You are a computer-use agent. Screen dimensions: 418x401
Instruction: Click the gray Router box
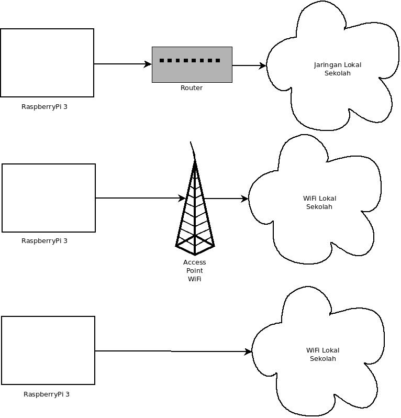pos(192,72)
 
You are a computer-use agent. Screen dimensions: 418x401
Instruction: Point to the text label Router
pos(192,88)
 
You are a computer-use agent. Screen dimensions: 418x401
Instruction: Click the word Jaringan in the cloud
pos(326,65)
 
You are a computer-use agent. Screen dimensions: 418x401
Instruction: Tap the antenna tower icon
pos(195,210)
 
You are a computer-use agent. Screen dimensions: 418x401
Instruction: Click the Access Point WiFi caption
pos(195,270)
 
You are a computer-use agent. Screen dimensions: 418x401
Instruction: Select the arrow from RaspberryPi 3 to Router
pos(122,64)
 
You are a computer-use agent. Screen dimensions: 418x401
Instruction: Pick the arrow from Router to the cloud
pos(249,65)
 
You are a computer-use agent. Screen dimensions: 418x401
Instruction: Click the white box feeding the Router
pos(47,63)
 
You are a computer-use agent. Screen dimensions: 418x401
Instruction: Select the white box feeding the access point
pos(49,197)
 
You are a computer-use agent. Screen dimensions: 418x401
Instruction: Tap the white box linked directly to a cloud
pos(48,350)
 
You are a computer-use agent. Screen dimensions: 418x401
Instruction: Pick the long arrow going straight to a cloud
pos(173,351)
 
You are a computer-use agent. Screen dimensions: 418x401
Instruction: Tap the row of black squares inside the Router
pos(190,60)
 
